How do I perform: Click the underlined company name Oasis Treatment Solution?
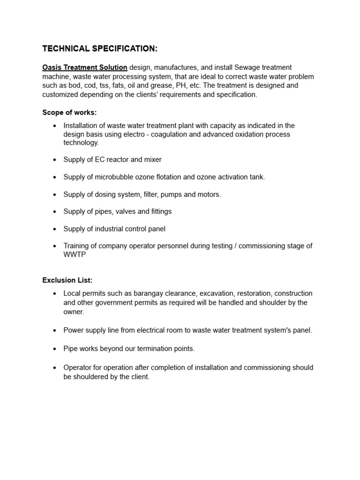[85, 67]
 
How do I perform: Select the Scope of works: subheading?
[69, 112]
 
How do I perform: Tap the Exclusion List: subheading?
[67, 280]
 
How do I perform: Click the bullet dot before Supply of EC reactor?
[55, 160]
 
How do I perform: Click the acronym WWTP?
[75, 255]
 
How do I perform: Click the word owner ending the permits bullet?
[74, 311]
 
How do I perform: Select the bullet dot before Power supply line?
[55, 330]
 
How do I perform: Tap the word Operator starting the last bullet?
[78, 367]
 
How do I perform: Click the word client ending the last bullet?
[139, 376]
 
